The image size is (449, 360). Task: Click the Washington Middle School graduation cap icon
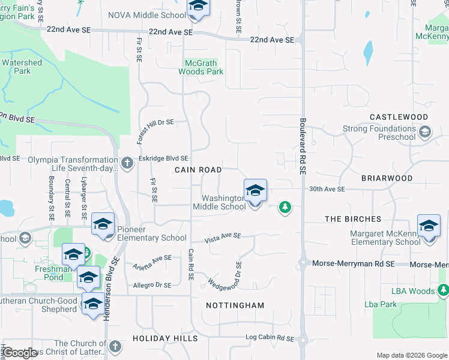point(255,191)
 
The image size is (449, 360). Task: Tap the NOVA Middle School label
point(147,15)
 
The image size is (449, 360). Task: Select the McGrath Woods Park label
point(200,67)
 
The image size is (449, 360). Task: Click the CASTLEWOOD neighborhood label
point(399,117)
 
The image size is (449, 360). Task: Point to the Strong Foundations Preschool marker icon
point(426,131)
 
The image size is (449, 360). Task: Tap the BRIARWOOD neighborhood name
point(387,178)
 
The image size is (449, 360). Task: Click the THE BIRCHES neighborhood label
point(352,219)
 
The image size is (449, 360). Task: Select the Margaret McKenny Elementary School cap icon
point(429,226)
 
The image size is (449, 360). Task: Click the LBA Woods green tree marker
point(444,291)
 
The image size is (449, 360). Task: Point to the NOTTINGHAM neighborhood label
point(235,305)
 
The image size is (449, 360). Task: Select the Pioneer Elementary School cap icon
point(103,225)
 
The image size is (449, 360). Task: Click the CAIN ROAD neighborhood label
point(198,170)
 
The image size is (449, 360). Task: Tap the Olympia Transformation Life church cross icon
point(127,163)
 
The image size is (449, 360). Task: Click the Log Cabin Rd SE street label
point(270,338)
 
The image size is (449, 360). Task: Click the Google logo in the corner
point(20,353)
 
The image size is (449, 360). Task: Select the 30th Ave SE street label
point(327,189)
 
